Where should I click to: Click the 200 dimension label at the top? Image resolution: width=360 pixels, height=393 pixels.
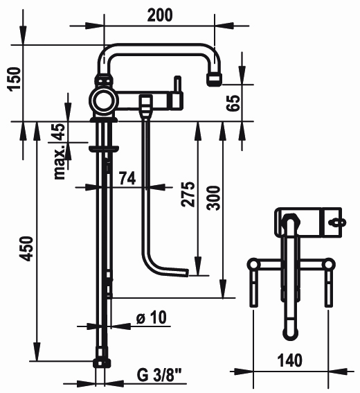(160, 15)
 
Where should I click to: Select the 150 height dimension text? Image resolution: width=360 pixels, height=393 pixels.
(14, 79)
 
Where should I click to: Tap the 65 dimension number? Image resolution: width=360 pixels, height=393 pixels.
(233, 103)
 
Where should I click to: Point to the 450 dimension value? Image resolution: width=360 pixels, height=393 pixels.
(26, 249)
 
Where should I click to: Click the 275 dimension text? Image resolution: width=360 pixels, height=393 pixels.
(188, 194)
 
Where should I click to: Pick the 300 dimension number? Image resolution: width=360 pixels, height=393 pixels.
(213, 198)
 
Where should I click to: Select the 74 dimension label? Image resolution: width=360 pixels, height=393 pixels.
(127, 178)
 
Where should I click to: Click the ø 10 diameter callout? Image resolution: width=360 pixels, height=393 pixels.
(151, 317)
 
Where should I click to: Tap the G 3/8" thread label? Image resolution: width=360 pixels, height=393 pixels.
(159, 375)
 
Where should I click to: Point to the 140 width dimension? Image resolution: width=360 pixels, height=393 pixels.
(290, 360)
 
